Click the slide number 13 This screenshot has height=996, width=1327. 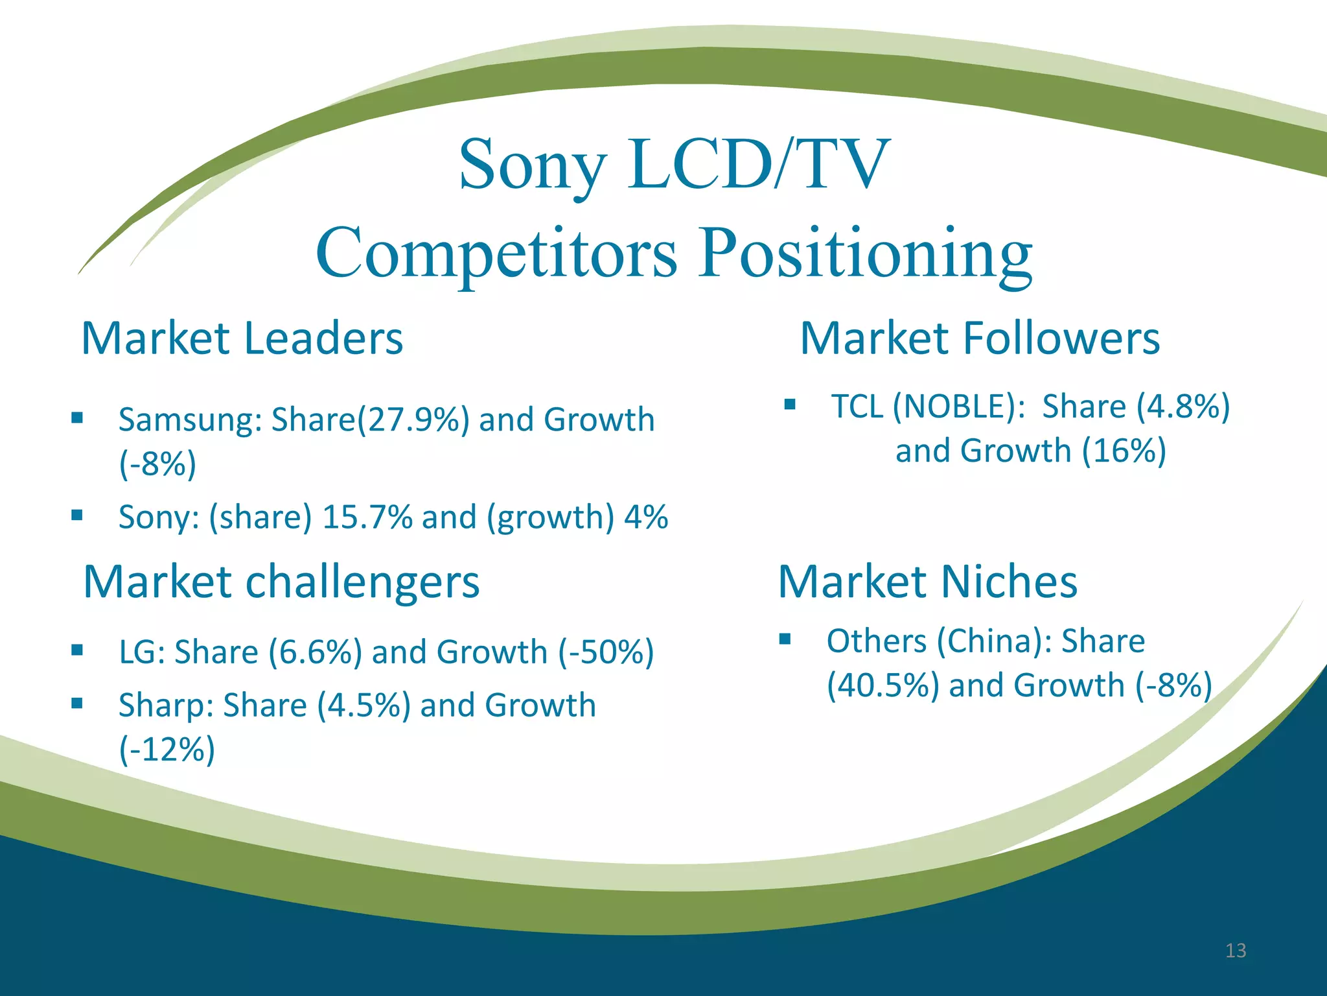[1236, 951]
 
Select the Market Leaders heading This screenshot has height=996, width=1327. [242, 338]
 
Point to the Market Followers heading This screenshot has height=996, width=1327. [980, 338]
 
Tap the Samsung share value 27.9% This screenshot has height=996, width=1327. [419, 420]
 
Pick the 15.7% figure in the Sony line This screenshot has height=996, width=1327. [367, 517]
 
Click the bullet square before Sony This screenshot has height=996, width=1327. [77, 516]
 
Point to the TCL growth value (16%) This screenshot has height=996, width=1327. [1124, 451]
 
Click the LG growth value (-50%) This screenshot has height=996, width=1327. [606, 652]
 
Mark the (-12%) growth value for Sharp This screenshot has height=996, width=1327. [167, 750]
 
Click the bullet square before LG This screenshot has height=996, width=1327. [77, 650]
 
